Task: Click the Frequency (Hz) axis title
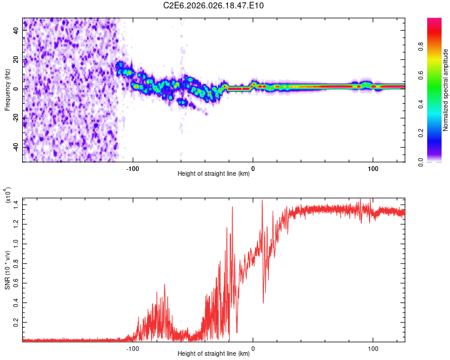[8, 89]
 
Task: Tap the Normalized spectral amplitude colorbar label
[446, 90]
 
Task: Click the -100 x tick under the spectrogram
[133, 168]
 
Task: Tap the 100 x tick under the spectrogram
[373, 168]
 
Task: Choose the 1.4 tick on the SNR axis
[16, 205]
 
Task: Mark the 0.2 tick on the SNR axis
[16, 322]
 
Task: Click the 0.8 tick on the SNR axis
[16, 263]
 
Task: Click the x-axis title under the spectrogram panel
[214, 174]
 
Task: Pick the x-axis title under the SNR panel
[214, 353]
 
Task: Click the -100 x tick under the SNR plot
[133, 347]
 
